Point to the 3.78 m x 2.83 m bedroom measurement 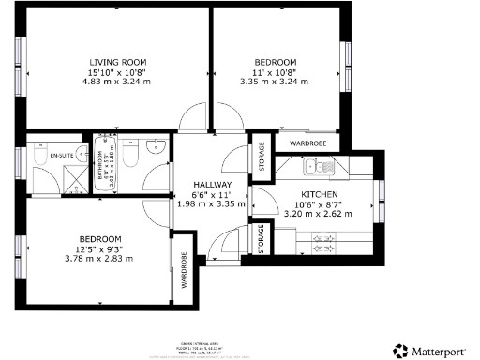99,259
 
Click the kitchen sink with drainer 321,168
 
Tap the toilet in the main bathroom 132,152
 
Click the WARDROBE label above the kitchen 307,144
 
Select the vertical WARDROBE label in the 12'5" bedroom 184,271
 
